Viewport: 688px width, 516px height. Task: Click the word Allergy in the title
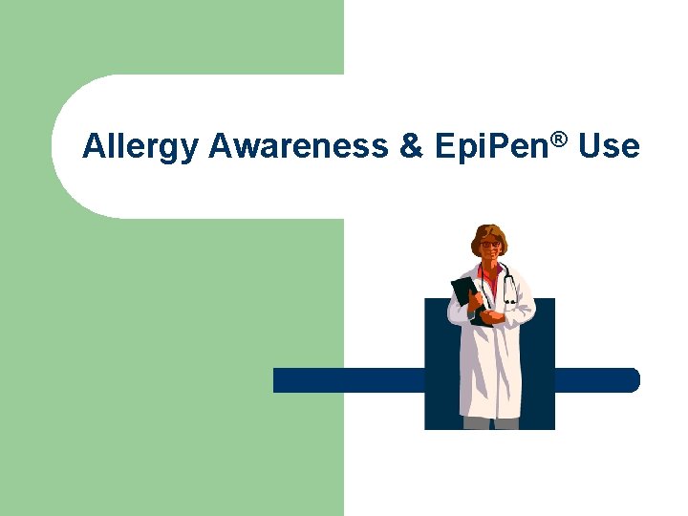(x=140, y=147)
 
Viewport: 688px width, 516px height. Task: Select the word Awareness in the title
(x=298, y=146)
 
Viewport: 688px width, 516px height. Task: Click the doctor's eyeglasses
(x=489, y=246)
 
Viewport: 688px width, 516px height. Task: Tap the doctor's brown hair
(x=489, y=232)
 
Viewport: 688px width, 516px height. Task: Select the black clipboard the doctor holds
(x=465, y=292)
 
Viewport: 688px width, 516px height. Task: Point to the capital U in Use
(x=589, y=146)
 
